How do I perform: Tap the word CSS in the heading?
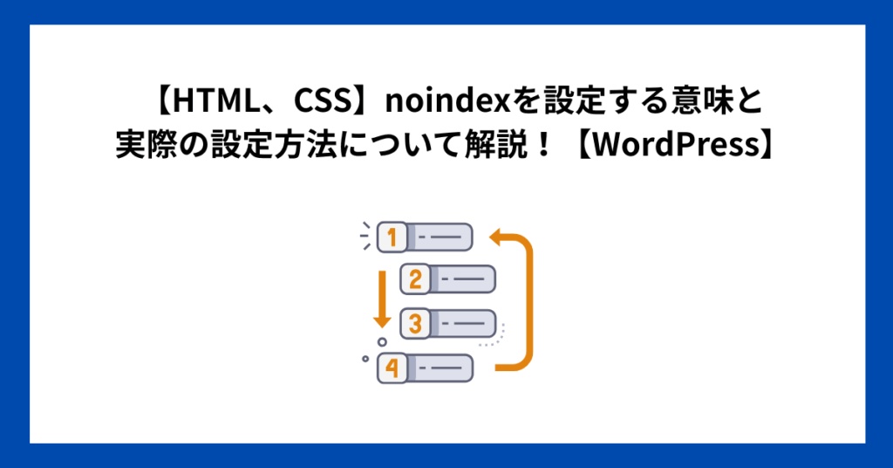[322, 101]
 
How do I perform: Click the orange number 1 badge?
[392, 237]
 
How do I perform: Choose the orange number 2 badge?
[416, 279]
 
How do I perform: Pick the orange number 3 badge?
[416, 324]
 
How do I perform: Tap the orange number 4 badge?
[392, 368]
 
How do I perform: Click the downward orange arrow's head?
[382, 320]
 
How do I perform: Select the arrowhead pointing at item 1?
[496, 236]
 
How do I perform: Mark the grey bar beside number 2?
[462, 279]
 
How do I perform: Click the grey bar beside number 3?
[462, 324]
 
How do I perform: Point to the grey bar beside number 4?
[440, 368]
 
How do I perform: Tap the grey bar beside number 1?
[440, 237]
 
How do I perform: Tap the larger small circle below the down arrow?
[382, 342]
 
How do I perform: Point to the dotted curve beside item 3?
[496, 336]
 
